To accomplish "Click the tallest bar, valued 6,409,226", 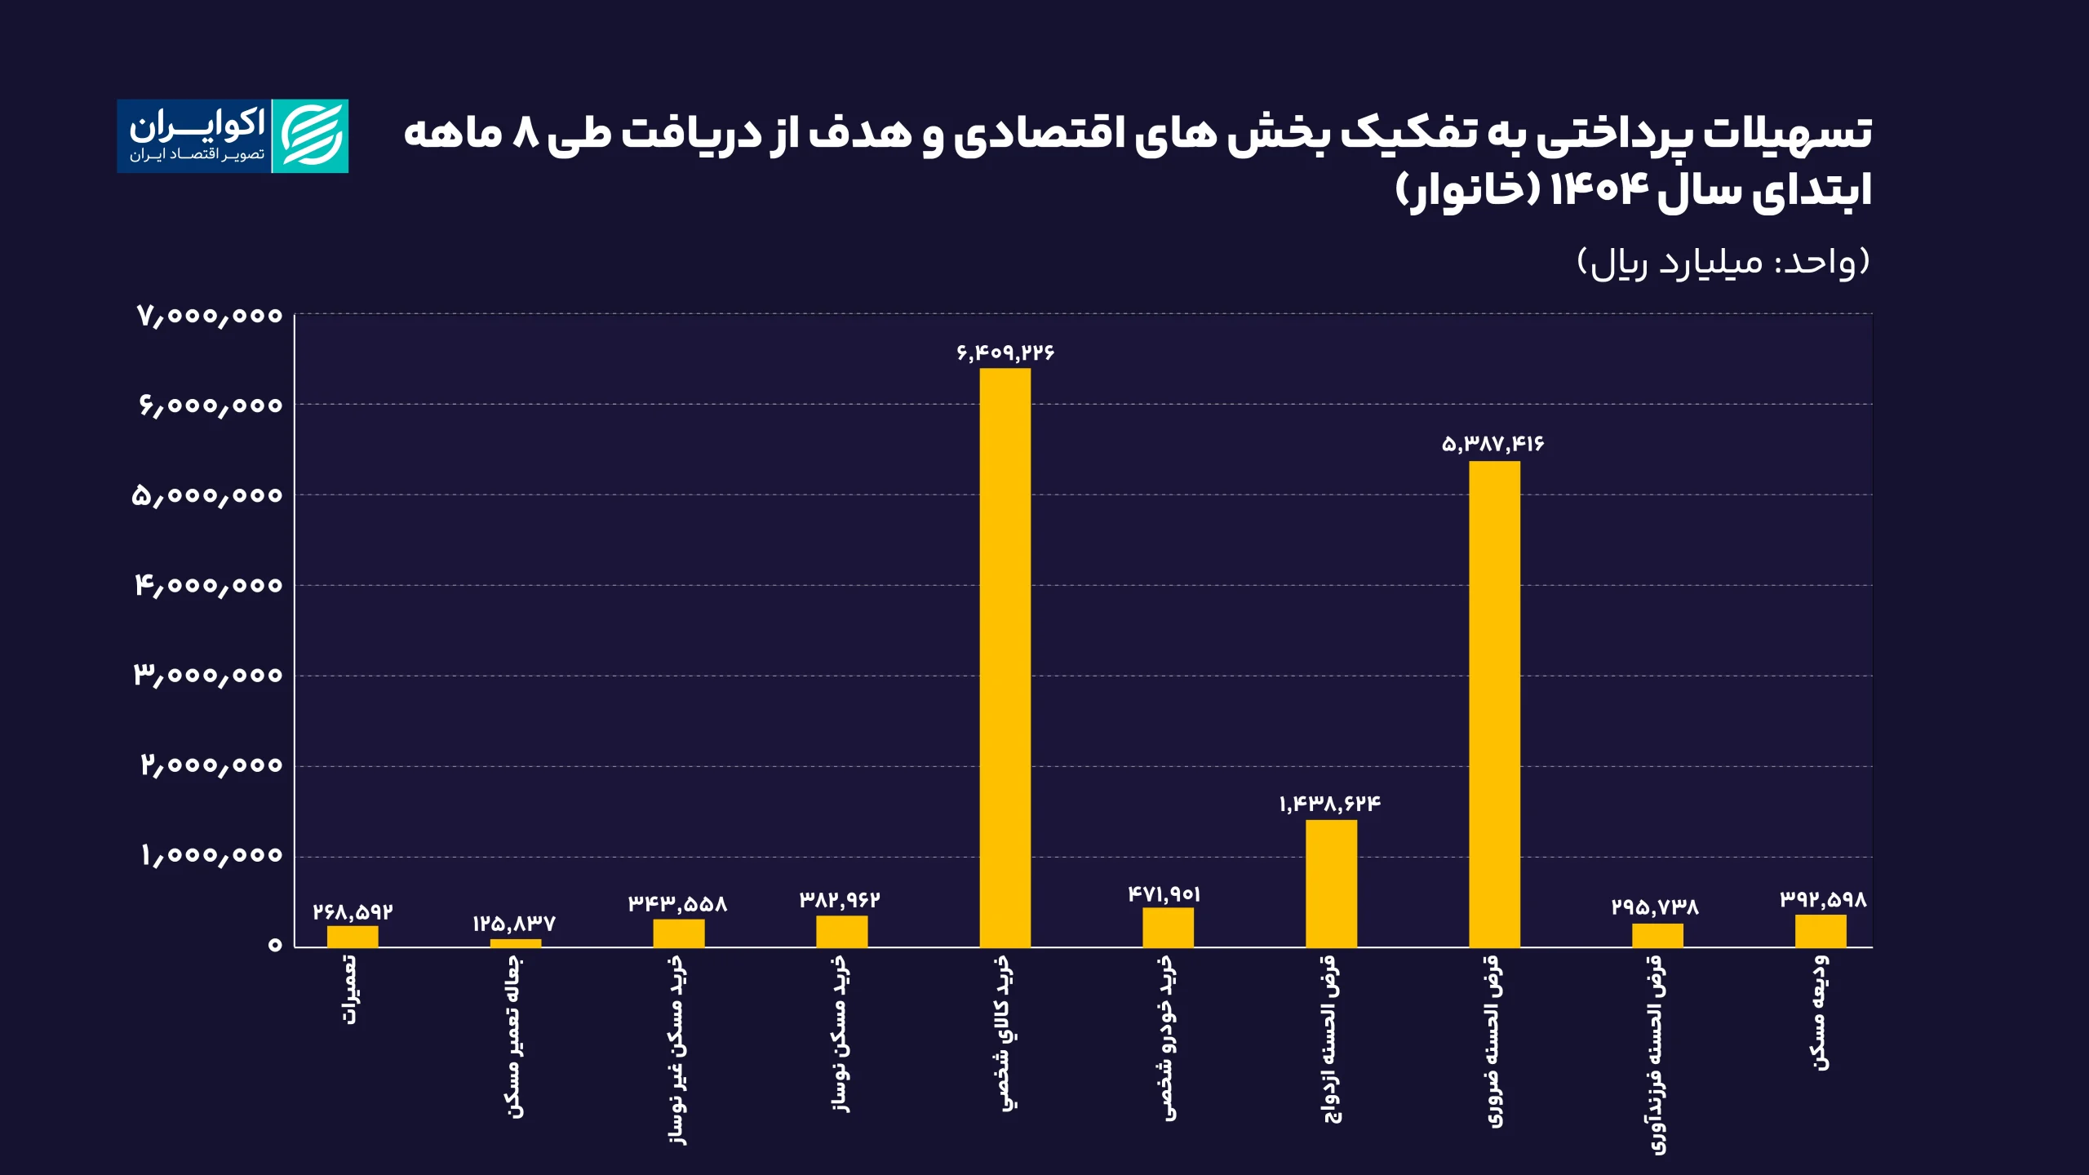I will point(1005,657).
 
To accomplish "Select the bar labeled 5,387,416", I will point(1494,703).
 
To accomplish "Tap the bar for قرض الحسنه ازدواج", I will point(1331,883).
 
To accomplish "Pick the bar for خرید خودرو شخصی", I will point(1168,927).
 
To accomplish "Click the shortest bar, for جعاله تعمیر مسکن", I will point(515,943).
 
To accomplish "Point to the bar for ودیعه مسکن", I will point(1821,930).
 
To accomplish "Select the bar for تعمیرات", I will point(353,936).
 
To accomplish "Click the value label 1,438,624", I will point(1330,805).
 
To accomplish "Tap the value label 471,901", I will point(1164,894).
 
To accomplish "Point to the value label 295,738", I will point(1655,907).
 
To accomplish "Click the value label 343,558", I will point(677,904).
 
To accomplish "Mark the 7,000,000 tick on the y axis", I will point(210,316).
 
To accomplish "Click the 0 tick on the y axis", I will point(275,945).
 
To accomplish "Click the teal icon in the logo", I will point(310,136).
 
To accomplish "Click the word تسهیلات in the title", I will point(1787,133).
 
